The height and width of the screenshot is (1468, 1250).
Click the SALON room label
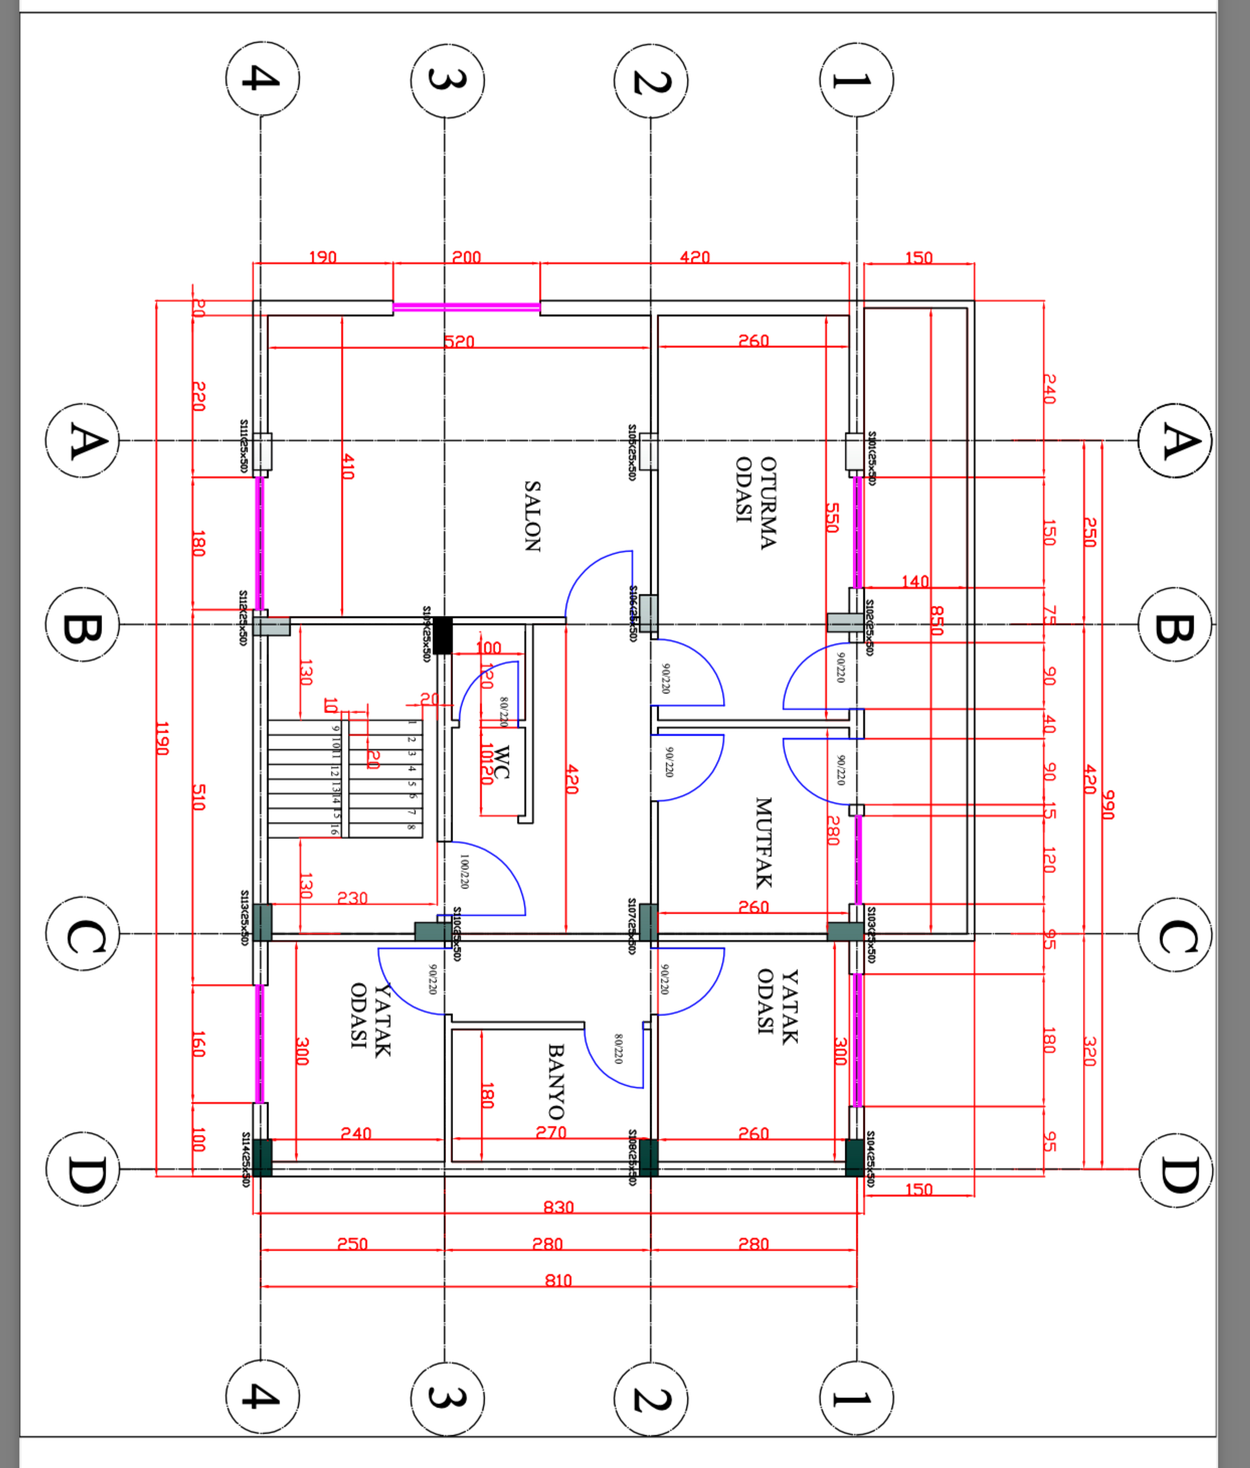[532, 516]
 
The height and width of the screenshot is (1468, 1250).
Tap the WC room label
[500, 762]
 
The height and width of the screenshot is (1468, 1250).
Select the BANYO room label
[556, 1081]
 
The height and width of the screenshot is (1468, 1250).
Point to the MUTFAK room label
[763, 843]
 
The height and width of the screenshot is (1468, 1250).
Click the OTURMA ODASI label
[756, 502]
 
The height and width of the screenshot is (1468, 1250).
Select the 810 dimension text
[558, 1280]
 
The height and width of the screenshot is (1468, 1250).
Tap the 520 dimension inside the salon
[459, 341]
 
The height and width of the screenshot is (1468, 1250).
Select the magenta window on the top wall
[466, 307]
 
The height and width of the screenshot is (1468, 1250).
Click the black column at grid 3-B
[442, 635]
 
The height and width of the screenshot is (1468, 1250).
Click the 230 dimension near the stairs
[352, 898]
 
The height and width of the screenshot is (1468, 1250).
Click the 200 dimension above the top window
[466, 257]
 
